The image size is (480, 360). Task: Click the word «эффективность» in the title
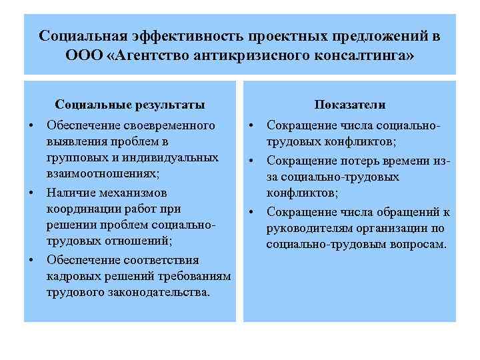pos(187,35)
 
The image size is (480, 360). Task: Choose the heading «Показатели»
pos(350,105)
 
